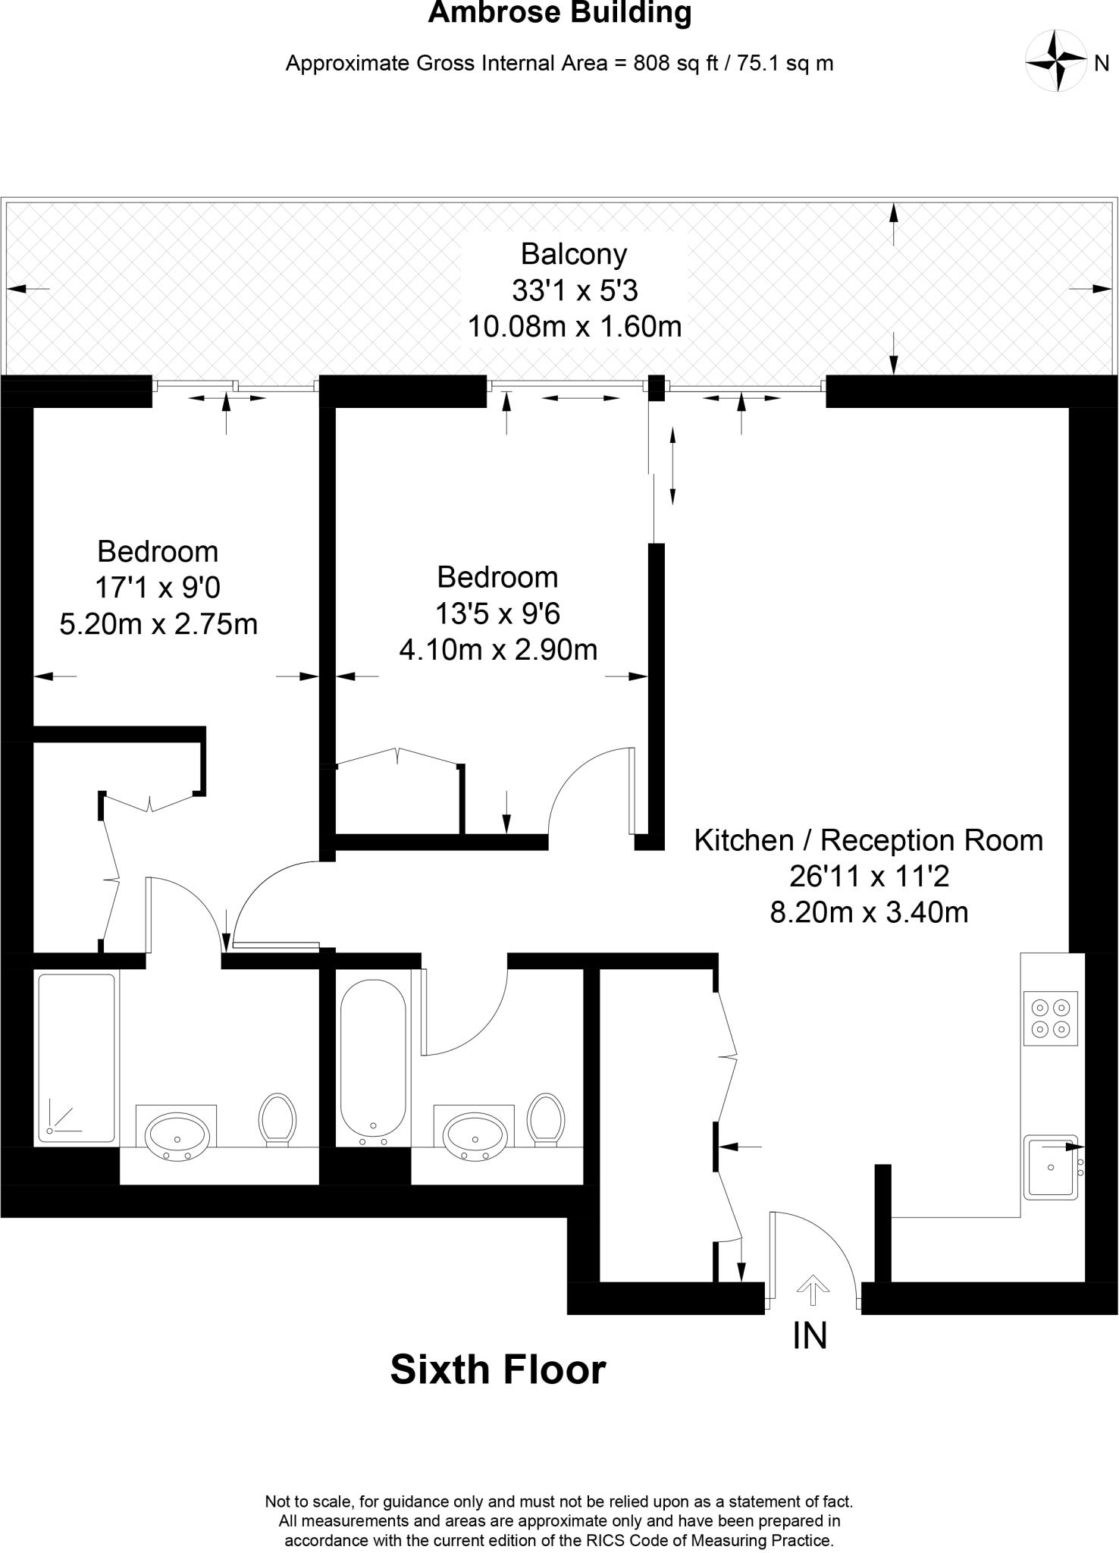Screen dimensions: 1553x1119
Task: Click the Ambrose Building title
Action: [x=559, y=14]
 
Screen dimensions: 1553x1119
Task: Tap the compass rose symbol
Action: [x=1055, y=61]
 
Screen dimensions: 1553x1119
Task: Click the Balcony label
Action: [x=574, y=254]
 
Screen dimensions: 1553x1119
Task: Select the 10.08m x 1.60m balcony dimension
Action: [x=574, y=327]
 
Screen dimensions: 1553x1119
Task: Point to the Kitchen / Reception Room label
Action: [x=869, y=840]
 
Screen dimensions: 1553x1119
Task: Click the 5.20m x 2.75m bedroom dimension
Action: [x=158, y=623]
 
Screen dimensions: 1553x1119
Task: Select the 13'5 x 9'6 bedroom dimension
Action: [x=497, y=613]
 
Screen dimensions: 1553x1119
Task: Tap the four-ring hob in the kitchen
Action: [x=1050, y=1018]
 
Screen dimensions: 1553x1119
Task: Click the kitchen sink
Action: [x=1050, y=1167]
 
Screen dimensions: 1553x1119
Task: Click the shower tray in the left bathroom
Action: [x=77, y=1059]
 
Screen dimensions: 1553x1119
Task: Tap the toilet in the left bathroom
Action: [x=277, y=1118]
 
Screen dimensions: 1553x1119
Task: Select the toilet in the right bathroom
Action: [x=547, y=1118]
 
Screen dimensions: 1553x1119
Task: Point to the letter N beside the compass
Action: [x=1102, y=64]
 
